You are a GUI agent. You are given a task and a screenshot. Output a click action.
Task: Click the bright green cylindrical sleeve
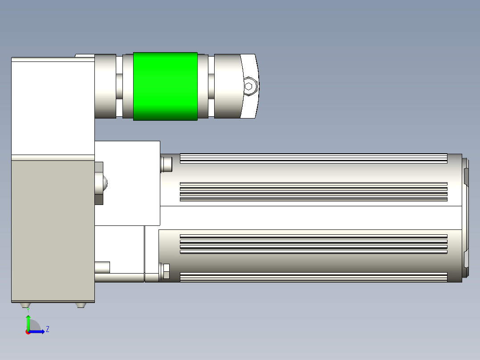(x=165, y=86)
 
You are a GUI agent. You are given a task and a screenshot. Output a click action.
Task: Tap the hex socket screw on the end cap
(x=249, y=86)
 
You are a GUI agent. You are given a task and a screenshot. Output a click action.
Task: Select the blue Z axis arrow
(x=37, y=331)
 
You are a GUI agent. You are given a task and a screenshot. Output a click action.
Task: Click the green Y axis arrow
(x=28, y=323)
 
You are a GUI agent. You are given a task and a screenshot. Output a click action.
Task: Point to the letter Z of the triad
(x=48, y=329)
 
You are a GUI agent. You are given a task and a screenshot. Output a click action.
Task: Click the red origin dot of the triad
(x=28, y=332)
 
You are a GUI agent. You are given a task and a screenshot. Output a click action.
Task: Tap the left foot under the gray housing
(x=25, y=305)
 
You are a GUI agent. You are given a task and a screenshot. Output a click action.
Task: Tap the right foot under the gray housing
(x=81, y=305)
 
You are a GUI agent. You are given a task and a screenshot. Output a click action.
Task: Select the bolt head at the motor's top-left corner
(x=166, y=164)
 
